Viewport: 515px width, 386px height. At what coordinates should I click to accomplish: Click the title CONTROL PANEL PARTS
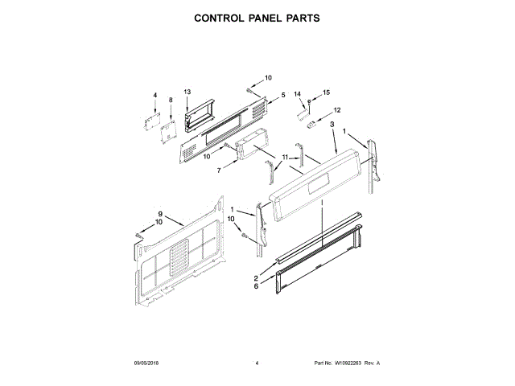[x=257, y=17]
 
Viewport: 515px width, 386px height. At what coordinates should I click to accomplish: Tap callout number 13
[x=187, y=92]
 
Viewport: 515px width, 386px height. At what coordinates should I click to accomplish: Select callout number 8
[x=171, y=101]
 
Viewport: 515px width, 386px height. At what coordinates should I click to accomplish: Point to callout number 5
[x=282, y=96]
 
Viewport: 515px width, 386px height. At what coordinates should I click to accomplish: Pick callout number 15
[x=327, y=93]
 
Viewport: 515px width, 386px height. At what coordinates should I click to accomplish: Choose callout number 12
[x=337, y=109]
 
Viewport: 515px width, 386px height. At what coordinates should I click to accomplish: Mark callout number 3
[x=332, y=125]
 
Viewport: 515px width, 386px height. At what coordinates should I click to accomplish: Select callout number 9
[x=159, y=214]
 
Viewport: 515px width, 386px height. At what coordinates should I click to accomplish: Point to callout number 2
[x=256, y=278]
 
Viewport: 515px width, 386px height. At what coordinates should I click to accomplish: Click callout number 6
[x=256, y=286]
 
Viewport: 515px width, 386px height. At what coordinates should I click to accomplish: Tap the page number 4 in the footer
[x=257, y=363]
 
